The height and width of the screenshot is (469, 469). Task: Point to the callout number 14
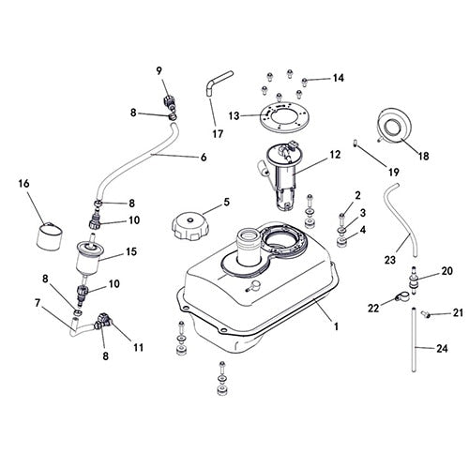tap(338, 77)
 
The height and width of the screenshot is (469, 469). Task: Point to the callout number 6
tap(203, 157)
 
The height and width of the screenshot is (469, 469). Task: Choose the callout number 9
tap(159, 70)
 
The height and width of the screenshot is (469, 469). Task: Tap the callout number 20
tap(446, 272)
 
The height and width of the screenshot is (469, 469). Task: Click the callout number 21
tap(458, 312)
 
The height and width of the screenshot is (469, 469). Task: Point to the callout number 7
tap(38, 303)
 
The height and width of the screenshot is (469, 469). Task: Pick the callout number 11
tap(138, 348)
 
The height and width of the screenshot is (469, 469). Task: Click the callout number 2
tap(358, 195)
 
